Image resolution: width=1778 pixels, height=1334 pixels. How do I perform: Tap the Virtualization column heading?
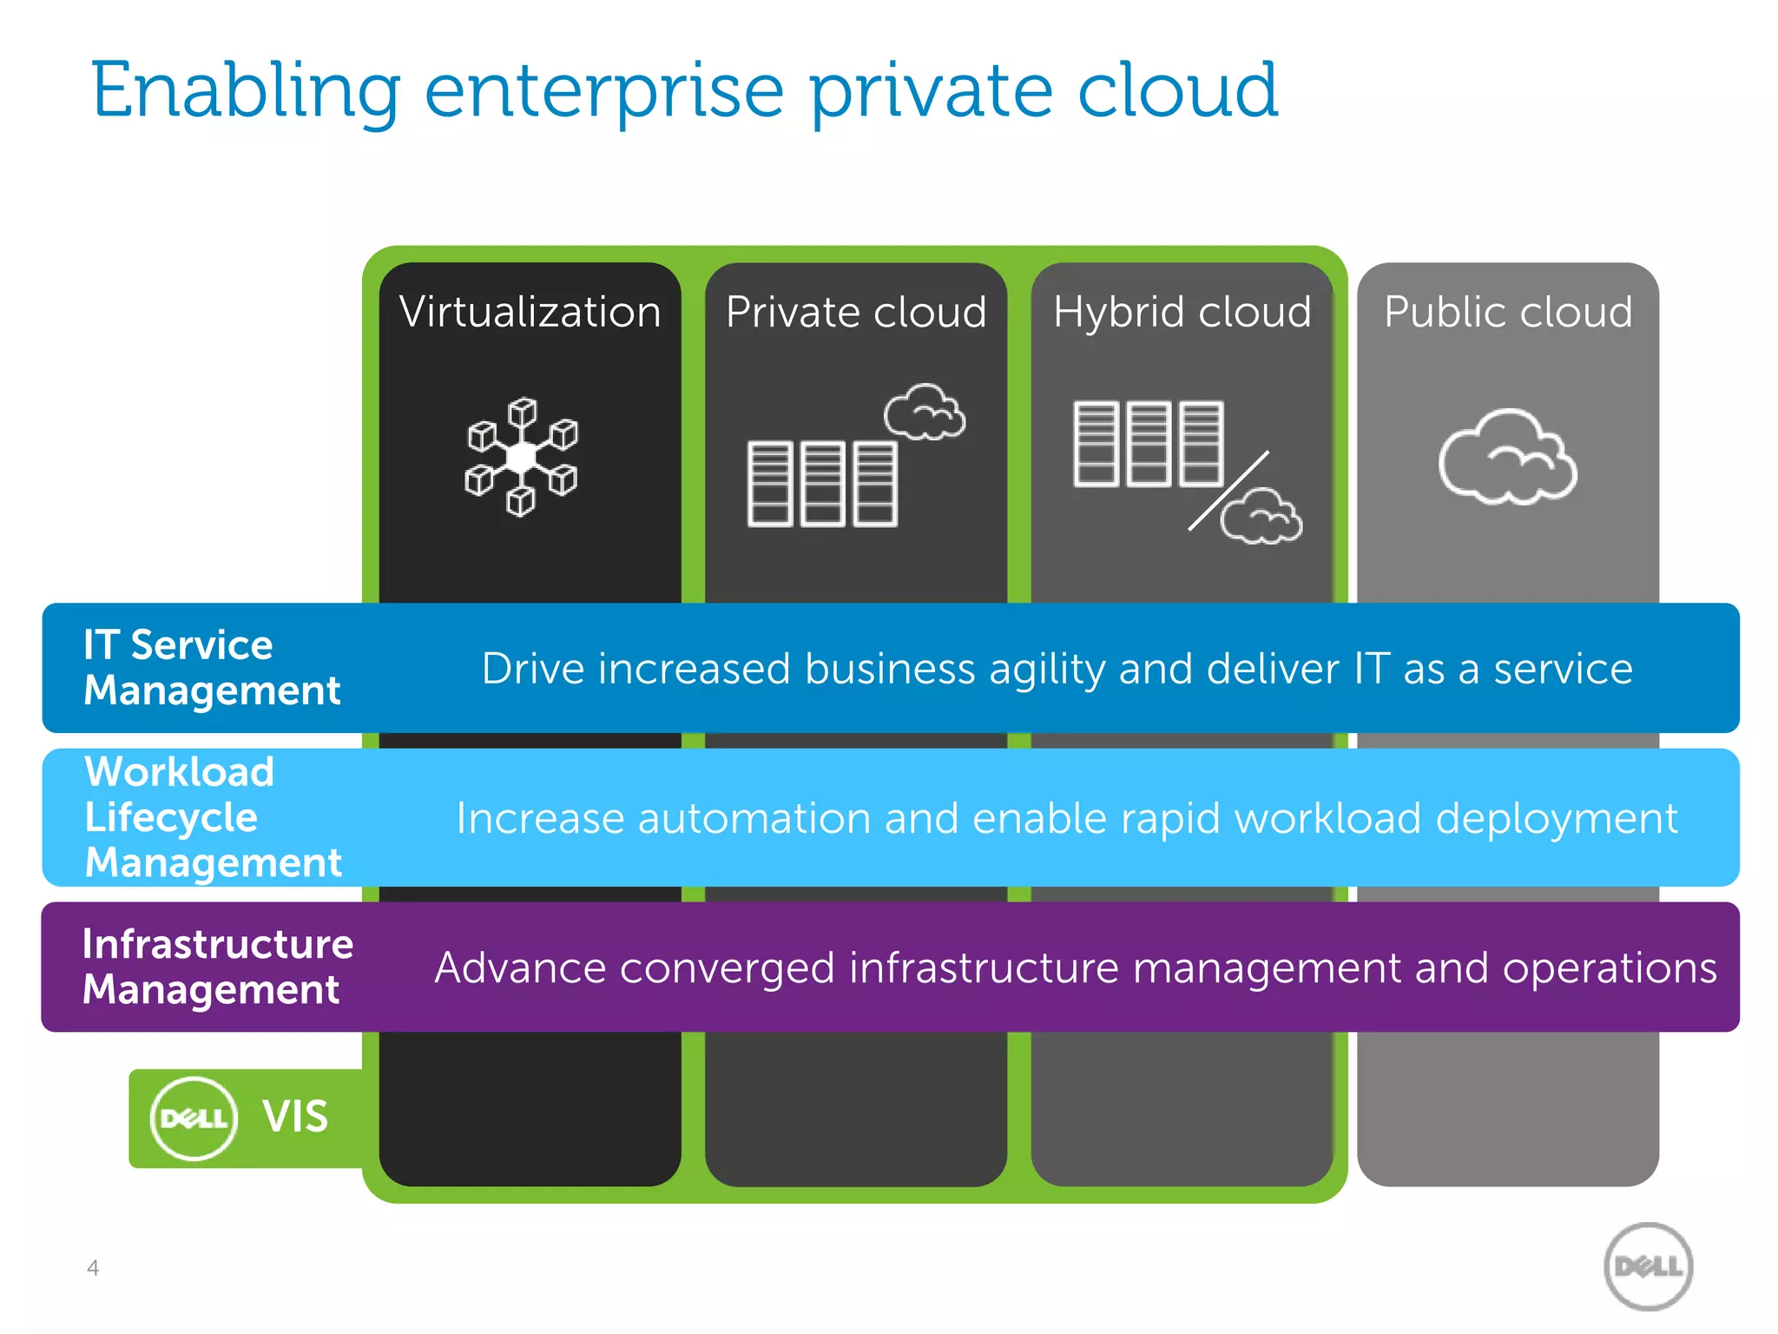pyautogui.click(x=530, y=312)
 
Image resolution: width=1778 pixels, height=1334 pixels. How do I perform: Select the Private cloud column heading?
pyautogui.click(x=856, y=312)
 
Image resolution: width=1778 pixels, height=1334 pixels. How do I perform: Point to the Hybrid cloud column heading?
pyautogui.click(x=1182, y=312)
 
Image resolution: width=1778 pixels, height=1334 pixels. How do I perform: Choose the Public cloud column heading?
pyautogui.click(x=1508, y=312)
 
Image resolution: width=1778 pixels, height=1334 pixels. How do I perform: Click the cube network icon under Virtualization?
pyautogui.click(x=522, y=457)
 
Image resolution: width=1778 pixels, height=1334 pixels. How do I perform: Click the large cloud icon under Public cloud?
pyautogui.click(x=1508, y=458)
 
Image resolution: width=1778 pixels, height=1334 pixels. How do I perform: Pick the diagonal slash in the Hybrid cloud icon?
pyautogui.click(x=1228, y=491)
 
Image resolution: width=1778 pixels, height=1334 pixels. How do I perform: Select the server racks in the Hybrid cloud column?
pyautogui.click(x=1149, y=443)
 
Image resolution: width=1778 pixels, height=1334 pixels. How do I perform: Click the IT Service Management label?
pyautogui.click(x=212, y=667)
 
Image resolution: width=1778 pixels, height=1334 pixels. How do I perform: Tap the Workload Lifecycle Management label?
pyautogui.click(x=213, y=817)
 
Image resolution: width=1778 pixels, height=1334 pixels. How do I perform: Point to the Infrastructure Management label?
pyautogui.click(x=217, y=967)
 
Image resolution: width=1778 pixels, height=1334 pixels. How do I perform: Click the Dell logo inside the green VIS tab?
pyautogui.click(x=194, y=1119)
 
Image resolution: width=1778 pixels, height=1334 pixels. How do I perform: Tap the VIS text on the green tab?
pyautogui.click(x=295, y=1117)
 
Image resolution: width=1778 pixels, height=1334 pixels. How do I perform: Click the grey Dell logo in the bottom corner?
pyautogui.click(x=1648, y=1266)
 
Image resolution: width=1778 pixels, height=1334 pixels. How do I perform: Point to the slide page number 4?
pyautogui.click(x=93, y=1268)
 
